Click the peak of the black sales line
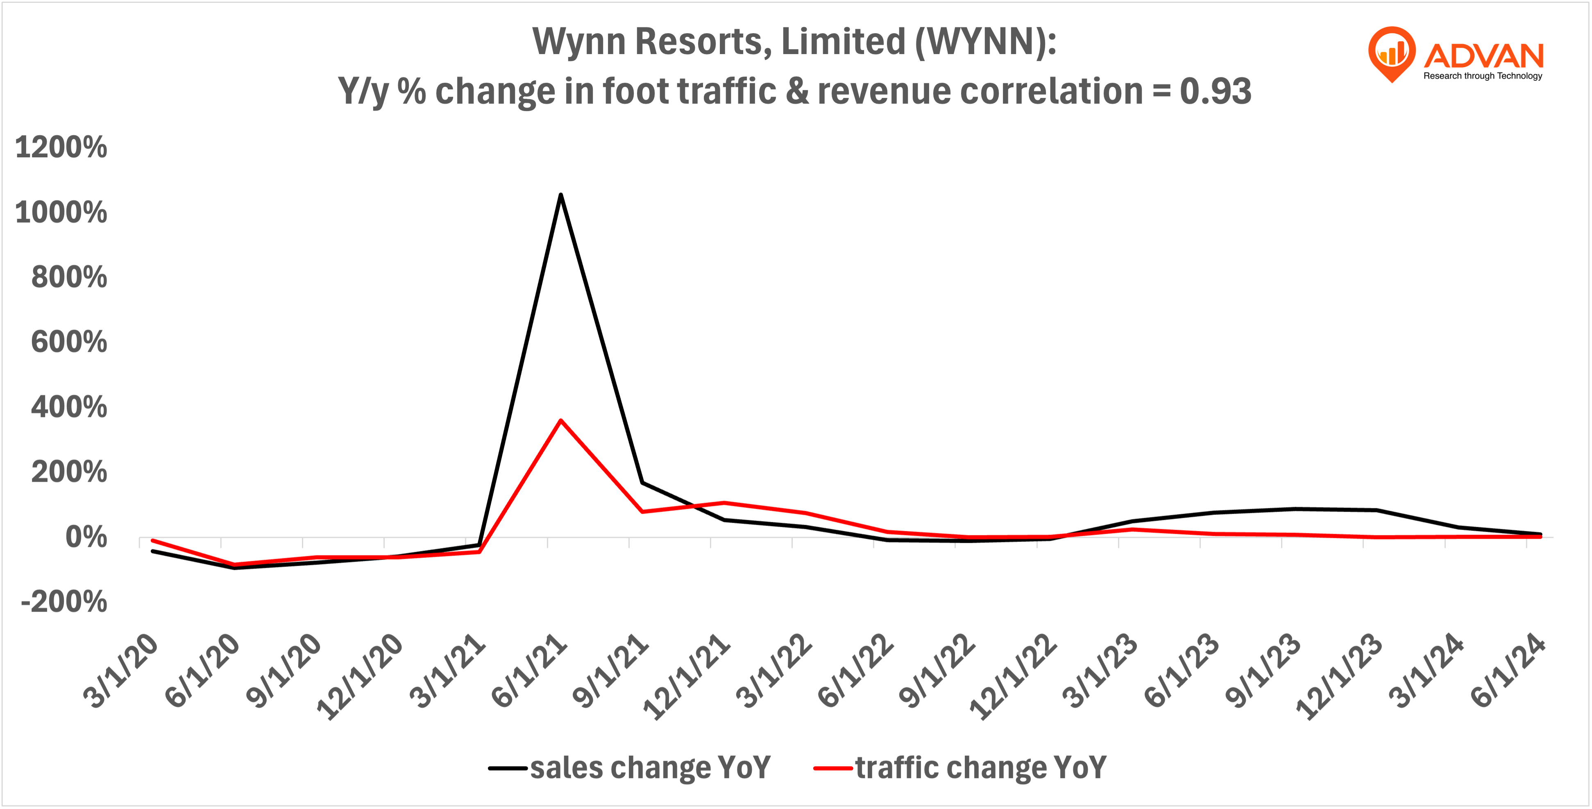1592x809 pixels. [560, 195]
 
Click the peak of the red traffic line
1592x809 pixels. [560, 421]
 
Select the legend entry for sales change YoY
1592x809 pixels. [630, 768]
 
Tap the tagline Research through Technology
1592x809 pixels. [1483, 76]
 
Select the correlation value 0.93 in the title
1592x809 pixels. [1215, 91]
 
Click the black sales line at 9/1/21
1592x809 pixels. [643, 483]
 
